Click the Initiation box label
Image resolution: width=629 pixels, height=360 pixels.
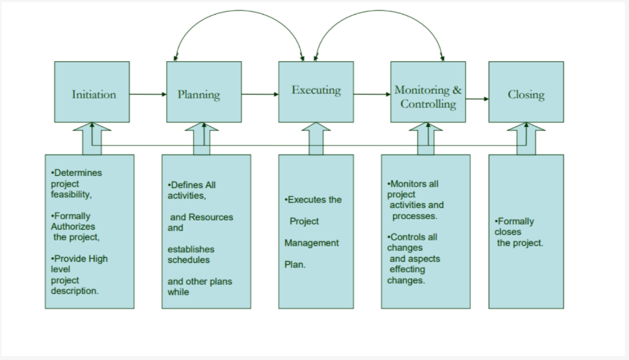point(94,95)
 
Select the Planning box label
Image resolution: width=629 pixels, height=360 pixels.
point(199,95)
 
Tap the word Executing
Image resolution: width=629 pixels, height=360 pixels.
point(316,90)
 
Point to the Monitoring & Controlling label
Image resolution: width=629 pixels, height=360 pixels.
point(428,97)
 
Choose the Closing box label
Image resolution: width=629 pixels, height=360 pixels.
point(526,95)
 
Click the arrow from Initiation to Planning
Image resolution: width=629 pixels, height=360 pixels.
point(148,94)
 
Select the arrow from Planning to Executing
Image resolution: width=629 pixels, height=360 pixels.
point(260,94)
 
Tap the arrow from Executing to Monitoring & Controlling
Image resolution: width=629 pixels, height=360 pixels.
point(372,94)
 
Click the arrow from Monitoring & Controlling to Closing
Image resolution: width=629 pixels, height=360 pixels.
point(477,99)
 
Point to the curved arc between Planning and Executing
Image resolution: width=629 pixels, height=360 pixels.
point(239,11)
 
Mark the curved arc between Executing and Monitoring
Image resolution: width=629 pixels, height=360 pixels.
point(379,11)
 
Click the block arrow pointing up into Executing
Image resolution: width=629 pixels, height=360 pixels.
point(316,138)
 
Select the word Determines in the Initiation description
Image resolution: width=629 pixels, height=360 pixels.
point(78,173)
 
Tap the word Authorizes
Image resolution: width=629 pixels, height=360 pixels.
point(73,226)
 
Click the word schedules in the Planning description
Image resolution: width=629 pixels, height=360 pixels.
point(189,260)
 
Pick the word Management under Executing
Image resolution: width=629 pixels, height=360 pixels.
point(312,243)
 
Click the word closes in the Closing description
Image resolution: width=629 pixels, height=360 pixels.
point(508,232)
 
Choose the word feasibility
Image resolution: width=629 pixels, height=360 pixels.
point(72,195)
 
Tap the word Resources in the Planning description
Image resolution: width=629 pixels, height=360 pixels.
point(211,217)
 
